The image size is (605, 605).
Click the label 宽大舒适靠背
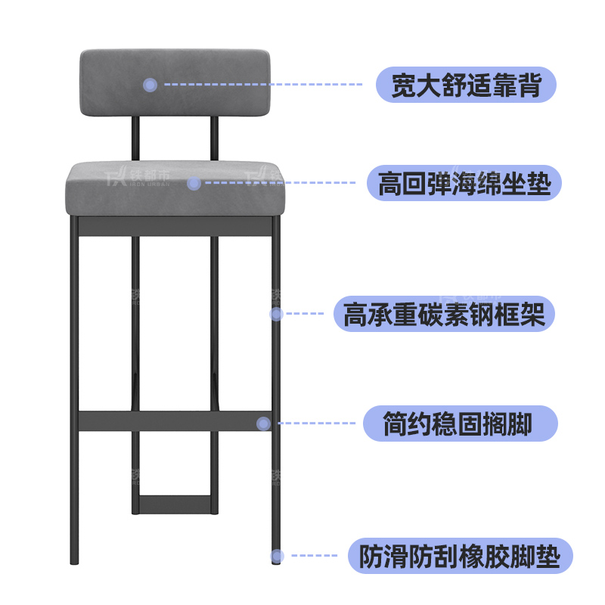pyautogui.click(x=466, y=85)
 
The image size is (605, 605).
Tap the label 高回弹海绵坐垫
pyautogui.click(x=464, y=183)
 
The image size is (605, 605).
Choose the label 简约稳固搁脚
pyautogui.click(x=460, y=424)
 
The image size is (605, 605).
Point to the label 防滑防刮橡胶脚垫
pyautogui.click(x=460, y=557)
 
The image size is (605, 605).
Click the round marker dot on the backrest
pyautogui.click(x=150, y=85)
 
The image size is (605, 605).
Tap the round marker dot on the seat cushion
pyautogui.click(x=194, y=183)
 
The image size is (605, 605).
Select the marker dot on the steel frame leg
pyautogui.click(x=276, y=313)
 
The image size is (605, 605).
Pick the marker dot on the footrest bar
pyautogui.click(x=263, y=424)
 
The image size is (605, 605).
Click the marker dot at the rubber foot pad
pyautogui.click(x=277, y=557)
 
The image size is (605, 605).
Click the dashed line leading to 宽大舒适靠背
pyautogui.click(x=265, y=85)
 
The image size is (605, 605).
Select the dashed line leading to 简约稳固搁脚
pyautogui.click(x=318, y=424)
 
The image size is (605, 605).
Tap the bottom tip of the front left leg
pyautogui.click(x=74, y=563)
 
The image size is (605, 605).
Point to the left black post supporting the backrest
pyautogui.click(x=135, y=139)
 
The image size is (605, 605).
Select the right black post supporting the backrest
pyautogui.click(x=215, y=139)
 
